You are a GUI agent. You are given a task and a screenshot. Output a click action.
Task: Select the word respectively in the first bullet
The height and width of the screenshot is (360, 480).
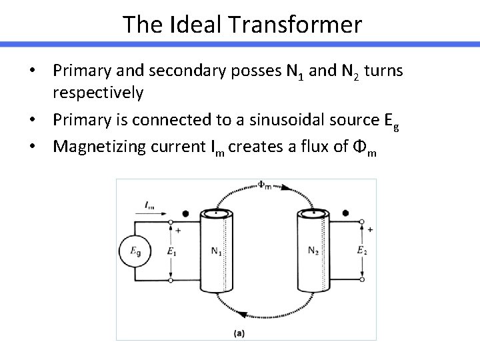(98, 93)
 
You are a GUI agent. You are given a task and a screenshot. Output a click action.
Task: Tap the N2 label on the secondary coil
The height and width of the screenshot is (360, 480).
(314, 250)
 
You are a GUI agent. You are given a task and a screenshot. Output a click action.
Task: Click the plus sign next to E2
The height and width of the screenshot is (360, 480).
(369, 229)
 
